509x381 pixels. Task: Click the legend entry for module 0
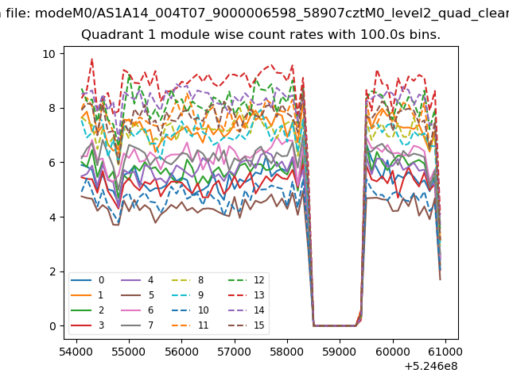click(x=87, y=280)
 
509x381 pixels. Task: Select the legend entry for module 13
click(x=247, y=295)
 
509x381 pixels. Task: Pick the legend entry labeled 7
click(x=137, y=325)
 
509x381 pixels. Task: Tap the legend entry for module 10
click(x=190, y=310)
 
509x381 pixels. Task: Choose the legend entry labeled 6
click(x=137, y=310)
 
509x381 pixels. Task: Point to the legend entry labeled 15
click(x=247, y=325)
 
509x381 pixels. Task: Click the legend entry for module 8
click(x=188, y=280)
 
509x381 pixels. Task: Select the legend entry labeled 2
click(x=87, y=310)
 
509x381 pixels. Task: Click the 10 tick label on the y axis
click(x=49, y=54)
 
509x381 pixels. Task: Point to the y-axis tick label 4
click(x=52, y=217)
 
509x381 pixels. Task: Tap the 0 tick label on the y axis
click(x=52, y=326)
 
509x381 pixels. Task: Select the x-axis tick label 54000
click(x=76, y=352)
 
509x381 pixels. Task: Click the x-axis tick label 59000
click(x=340, y=352)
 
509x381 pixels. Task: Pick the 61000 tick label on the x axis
click(x=445, y=352)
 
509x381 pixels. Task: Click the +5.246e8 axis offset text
click(x=431, y=367)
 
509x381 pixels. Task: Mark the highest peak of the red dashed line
click(x=92, y=59)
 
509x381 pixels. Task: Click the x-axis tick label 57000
click(x=235, y=352)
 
